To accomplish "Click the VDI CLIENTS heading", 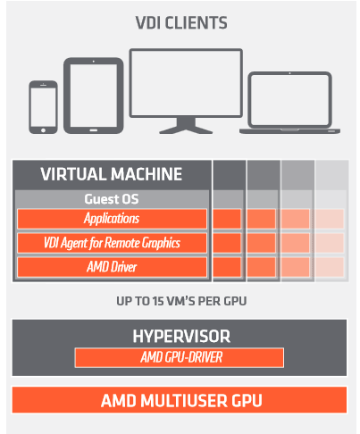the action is coord(181,23).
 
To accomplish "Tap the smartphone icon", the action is coord(43,107).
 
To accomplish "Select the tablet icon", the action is coord(94,96).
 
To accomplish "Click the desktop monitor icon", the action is coord(186,91).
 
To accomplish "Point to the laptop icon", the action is coord(289,103).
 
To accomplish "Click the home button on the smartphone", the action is coord(43,130).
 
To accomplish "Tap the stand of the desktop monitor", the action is coord(186,125).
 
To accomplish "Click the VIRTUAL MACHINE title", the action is coord(112,174).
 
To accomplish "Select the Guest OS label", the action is coord(112,199).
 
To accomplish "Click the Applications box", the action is coord(112,219).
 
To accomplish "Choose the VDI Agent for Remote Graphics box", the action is coord(112,243).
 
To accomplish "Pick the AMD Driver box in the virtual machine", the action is coord(112,267).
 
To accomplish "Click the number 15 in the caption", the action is coord(158,301).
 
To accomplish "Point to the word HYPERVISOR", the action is coord(181,337).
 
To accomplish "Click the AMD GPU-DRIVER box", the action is coord(180,357).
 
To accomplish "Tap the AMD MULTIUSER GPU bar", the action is coord(180,400).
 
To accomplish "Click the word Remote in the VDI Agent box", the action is coord(122,242).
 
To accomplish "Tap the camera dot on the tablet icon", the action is coord(94,62).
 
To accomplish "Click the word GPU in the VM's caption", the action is coord(235,301).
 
